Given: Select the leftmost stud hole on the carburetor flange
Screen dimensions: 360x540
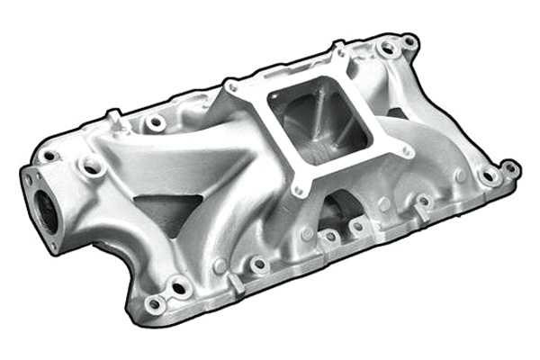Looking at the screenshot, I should click(x=232, y=87).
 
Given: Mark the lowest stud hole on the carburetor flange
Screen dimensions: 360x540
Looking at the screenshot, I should click(x=298, y=190).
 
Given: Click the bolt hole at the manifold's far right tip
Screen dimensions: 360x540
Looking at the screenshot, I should click(x=509, y=167).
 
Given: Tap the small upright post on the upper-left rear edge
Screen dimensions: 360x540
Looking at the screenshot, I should click(x=114, y=117).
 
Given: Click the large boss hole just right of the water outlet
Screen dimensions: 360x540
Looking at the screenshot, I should click(x=92, y=166).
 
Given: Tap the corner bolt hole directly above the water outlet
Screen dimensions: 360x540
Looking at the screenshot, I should click(x=49, y=156).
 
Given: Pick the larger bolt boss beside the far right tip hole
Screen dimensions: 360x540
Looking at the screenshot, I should click(x=490, y=176).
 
